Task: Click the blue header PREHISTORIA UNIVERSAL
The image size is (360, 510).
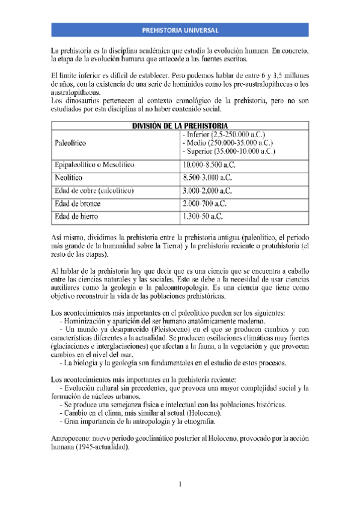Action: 180,31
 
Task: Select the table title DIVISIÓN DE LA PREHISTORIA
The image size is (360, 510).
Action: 180,126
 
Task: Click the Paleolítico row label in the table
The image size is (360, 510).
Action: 70,144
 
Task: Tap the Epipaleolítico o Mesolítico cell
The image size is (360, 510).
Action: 94,164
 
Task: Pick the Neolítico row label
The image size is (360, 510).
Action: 68,177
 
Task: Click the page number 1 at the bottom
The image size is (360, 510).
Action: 180,484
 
